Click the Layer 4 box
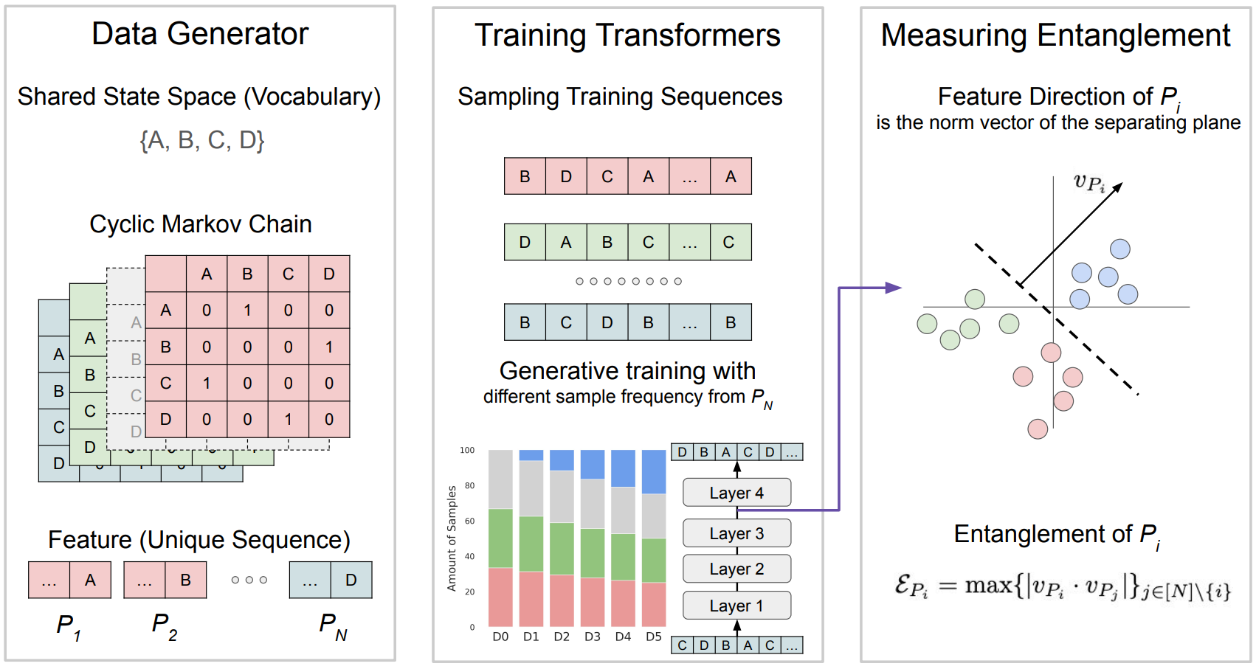[736, 493]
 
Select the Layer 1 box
[736, 606]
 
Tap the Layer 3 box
[736, 533]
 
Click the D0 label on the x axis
[500, 637]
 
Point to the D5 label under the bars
[654, 637]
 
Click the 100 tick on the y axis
[467, 450]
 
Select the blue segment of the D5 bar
[654, 472]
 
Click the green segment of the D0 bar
[500, 538]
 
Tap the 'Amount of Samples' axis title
[452, 538]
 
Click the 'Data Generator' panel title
[200, 34]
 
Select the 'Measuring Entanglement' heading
[1055, 35]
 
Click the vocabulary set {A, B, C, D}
[201, 139]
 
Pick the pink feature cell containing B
[185, 580]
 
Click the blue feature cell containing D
[351, 580]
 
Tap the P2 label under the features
[164, 626]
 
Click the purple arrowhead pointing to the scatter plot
[894, 288]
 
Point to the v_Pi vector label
[1088, 182]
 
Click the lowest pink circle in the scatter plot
[1038, 429]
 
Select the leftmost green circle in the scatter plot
[927, 324]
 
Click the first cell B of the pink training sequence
[525, 176]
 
